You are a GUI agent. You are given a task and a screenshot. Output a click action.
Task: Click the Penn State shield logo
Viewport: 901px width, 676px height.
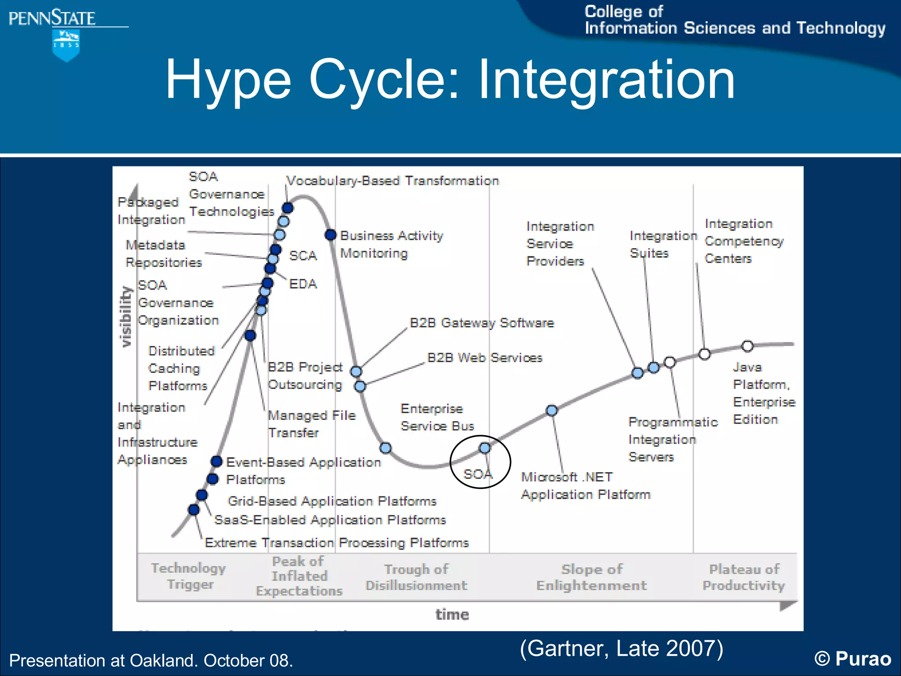pyautogui.click(x=66, y=45)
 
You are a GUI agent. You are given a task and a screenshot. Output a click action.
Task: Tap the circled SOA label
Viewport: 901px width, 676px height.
pyautogui.click(x=478, y=474)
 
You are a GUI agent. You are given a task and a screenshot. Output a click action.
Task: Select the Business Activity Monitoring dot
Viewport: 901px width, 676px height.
pyautogui.click(x=331, y=235)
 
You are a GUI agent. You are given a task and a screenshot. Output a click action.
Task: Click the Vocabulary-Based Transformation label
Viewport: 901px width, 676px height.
pyautogui.click(x=392, y=181)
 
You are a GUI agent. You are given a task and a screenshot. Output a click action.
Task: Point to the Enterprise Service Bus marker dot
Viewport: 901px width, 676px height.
pyautogui.click(x=385, y=448)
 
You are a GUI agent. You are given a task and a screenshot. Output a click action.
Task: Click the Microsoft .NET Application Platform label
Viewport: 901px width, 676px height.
pyautogui.click(x=585, y=486)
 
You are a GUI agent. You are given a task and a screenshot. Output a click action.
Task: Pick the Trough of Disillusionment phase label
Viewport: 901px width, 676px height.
pyautogui.click(x=416, y=577)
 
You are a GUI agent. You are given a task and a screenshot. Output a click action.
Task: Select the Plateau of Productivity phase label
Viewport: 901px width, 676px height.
pyautogui.click(x=744, y=577)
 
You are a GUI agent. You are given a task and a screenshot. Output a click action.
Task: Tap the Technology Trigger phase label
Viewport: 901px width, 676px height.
pyautogui.click(x=189, y=576)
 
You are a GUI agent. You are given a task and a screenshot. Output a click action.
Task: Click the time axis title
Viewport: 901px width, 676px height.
pyautogui.click(x=452, y=614)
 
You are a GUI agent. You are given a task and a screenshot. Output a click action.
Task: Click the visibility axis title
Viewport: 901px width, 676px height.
pyautogui.click(x=126, y=316)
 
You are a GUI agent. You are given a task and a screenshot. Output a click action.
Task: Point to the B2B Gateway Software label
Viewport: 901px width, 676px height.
pyautogui.click(x=481, y=323)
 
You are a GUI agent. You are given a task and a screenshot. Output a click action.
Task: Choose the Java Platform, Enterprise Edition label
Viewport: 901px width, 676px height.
pyautogui.click(x=764, y=393)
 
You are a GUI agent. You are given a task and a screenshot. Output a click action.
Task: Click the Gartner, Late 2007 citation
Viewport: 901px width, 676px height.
pyautogui.click(x=621, y=648)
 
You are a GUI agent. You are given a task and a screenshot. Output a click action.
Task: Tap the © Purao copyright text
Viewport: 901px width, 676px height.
pyautogui.click(x=853, y=659)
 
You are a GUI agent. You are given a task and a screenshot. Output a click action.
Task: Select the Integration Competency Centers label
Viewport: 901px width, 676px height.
pyautogui.click(x=744, y=241)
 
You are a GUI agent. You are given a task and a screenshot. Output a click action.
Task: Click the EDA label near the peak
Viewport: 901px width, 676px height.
pyautogui.click(x=303, y=284)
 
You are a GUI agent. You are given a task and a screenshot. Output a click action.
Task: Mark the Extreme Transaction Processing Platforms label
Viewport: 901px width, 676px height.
pyautogui.click(x=337, y=543)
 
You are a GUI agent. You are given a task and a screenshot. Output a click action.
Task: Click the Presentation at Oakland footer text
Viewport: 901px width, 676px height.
pyautogui.click(x=151, y=661)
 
